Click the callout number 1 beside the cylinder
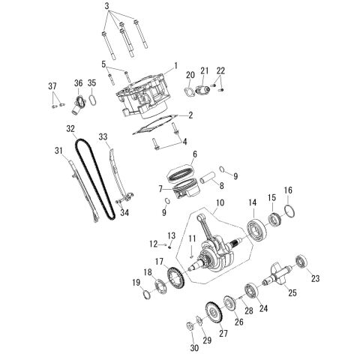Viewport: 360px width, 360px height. tap(175, 66)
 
